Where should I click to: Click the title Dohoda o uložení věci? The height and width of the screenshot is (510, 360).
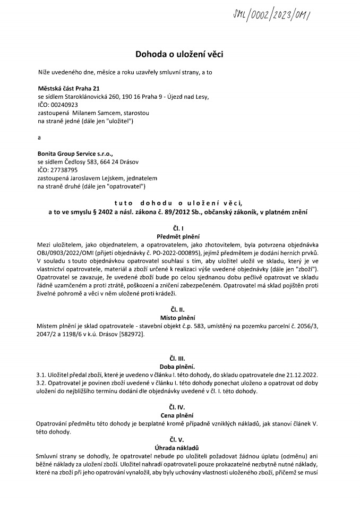(179, 54)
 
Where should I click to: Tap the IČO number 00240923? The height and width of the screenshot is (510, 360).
(65, 105)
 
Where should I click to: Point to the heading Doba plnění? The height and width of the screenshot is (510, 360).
(179, 367)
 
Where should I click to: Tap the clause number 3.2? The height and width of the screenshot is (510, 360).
(41, 383)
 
